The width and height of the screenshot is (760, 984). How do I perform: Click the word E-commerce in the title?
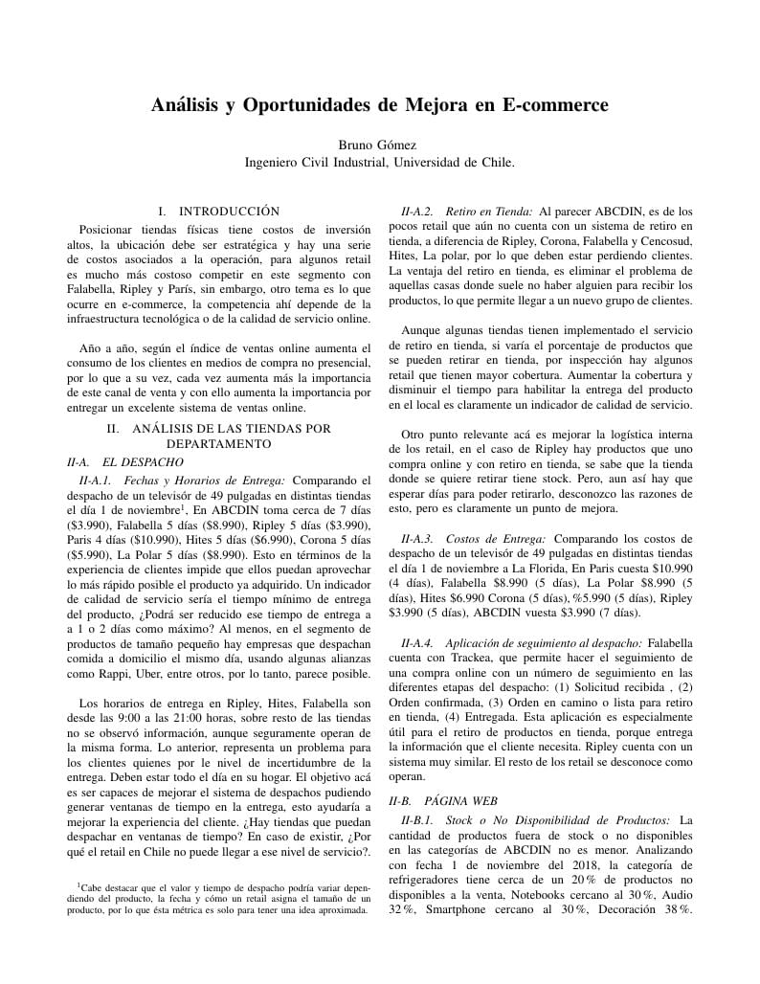(x=554, y=104)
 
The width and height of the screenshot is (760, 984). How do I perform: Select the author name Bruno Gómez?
(x=380, y=145)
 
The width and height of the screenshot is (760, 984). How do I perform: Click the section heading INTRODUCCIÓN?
(x=229, y=211)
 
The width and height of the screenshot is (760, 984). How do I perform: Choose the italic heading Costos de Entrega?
(x=497, y=540)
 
